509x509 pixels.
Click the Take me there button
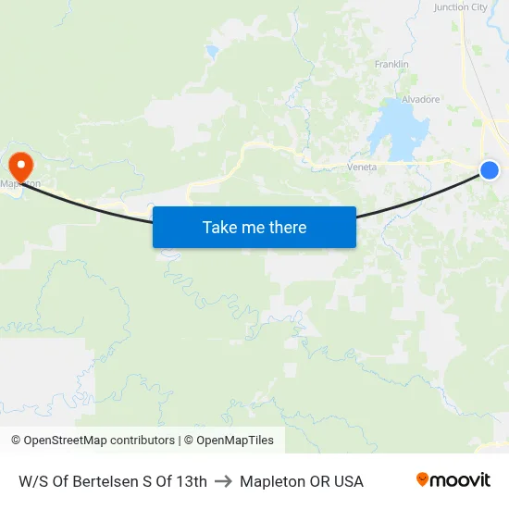pyautogui.click(x=254, y=227)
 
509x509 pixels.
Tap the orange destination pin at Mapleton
pyautogui.click(x=19, y=165)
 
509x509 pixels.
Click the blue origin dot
pyautogui.click(x=490, y=169)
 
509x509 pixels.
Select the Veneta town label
pyautogui.click(x=361, y=167)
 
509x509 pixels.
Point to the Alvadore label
pyautogui.click(x=420, y=99)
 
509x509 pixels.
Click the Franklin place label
pyautogui.click(x=391, y=64)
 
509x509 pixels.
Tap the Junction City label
pyautogui.click(x=460, y=7)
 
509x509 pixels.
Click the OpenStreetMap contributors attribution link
pyautogui.click(x=99, y=441)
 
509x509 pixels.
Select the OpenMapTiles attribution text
pyautogui.click(x=235, y=441)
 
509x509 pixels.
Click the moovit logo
pyautogui.click(x=453, y=480)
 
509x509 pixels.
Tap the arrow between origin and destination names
pyautogui.click(x=223, y=481)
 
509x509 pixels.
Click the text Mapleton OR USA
pyautogui.click(x=302, y=481)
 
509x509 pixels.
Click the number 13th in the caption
pyautogui.click(x=192, y=481)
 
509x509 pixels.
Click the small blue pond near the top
pyautogui.click(x=213, y=52)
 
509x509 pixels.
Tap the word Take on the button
pyautogui.click(x=219, y=227)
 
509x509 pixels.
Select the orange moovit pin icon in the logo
pyautogui.click(x=423, y=479)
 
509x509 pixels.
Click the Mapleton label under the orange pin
pyautogui.click(x=22, y=183)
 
